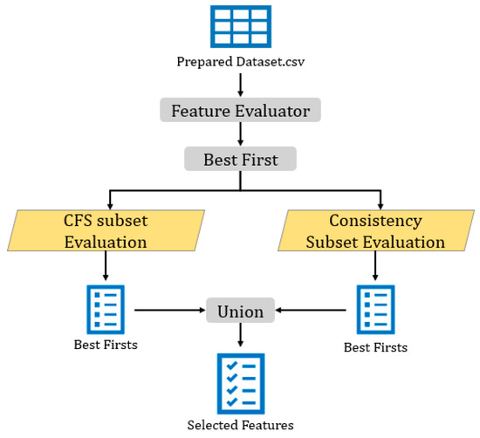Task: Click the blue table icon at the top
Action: (x=239, y=26)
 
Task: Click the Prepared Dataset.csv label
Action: (x=240, y=63)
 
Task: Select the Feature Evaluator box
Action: (x=240, y=111)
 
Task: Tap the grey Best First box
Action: (x=240, y=160)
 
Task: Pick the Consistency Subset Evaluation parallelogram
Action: (x=375, y=230)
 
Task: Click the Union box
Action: (x=240, y=308)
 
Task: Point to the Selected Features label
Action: (x=240, y=425)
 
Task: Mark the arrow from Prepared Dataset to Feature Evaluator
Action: (x=240, y=84)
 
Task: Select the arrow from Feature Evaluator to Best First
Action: (x=240, y=135)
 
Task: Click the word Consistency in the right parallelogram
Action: (x=375, y=221)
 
